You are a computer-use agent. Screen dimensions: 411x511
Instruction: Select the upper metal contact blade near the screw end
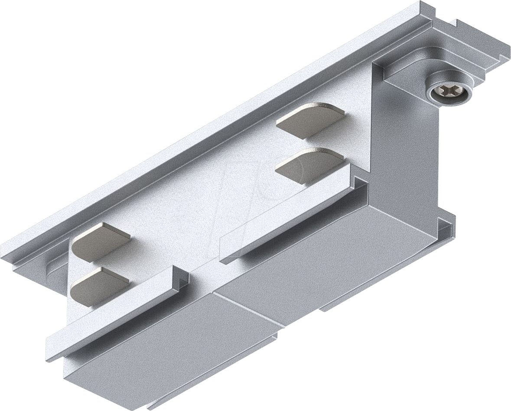point(310,120)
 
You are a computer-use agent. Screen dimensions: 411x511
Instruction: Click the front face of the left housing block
point(165,342)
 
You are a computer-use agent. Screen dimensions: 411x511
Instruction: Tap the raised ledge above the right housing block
point(286,217)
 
